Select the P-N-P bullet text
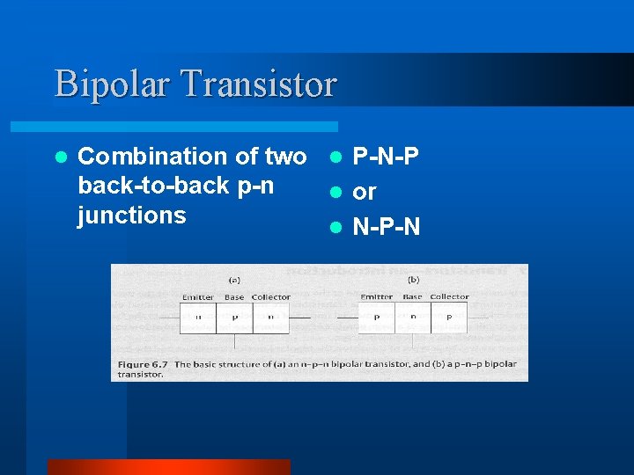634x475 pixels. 386,157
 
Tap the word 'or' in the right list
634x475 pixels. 365,192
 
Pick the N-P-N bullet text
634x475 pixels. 386,228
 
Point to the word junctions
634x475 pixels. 132,216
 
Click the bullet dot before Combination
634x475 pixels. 60,157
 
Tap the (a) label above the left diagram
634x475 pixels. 234,281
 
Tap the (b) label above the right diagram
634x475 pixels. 413,281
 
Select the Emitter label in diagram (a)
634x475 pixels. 198,297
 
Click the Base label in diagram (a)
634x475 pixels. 233,297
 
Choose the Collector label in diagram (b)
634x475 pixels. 449,297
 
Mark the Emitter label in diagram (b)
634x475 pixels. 377,297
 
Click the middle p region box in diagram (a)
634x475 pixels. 234,318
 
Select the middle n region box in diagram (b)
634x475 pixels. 413,318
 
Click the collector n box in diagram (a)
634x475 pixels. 271,318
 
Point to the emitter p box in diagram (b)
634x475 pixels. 377,318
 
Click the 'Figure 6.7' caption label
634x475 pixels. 143,363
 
